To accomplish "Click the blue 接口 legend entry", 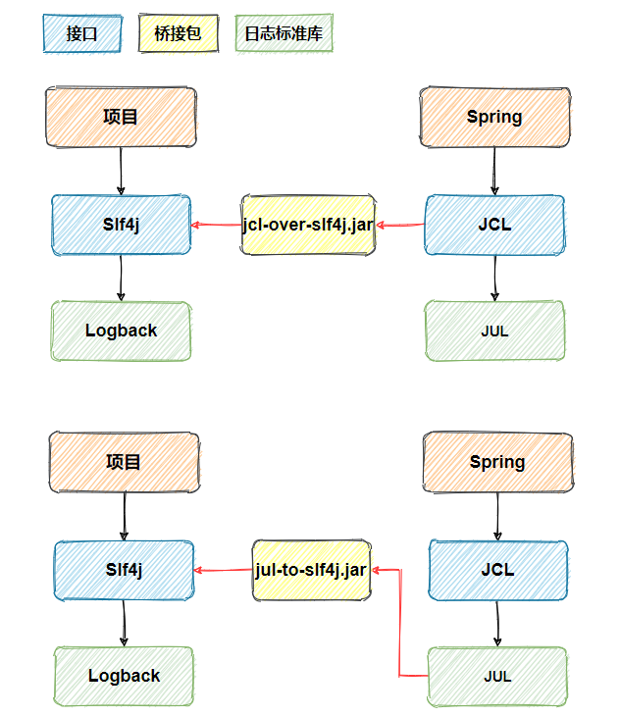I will (82, 33).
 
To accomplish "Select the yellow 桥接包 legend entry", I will (178, 33).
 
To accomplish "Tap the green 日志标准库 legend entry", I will (284, 33).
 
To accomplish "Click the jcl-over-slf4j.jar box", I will (308, 225).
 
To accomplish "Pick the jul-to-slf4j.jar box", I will (311, 570).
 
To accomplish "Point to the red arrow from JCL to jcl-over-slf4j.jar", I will (401, 226).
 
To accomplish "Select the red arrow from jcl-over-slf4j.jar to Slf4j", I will (216, 226).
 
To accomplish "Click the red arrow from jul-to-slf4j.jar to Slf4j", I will (223, 570).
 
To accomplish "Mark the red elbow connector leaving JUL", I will (399, 628).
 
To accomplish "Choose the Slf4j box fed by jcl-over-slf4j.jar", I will (121, 225).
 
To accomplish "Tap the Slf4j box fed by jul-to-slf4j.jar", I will (124, 570).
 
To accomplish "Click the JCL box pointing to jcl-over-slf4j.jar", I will (494, 225).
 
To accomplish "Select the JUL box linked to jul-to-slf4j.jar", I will (497, 677).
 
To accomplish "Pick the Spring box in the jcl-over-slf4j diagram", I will (494, 117).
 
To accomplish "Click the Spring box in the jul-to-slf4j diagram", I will (497, 462).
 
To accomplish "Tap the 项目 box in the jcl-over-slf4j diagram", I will (121, 117).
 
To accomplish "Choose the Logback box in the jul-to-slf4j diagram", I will (124, 677).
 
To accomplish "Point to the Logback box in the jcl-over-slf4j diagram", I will (121, 331).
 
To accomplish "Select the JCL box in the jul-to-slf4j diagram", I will (497, 570).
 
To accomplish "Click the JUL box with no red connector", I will (494, 331).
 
